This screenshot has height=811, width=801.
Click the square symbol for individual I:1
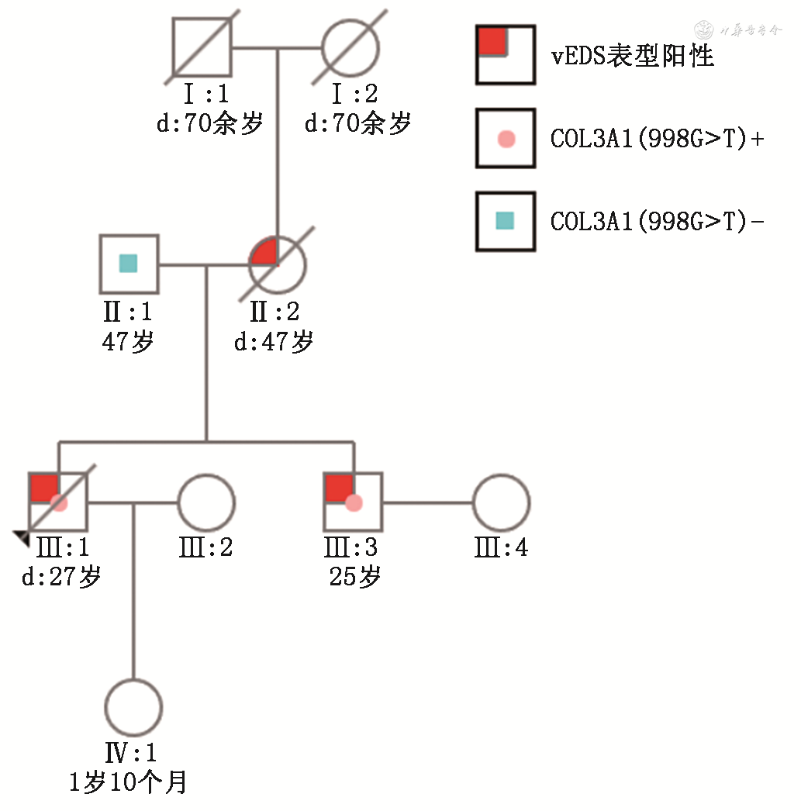click(202, 48)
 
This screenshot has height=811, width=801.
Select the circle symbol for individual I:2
click(350, 48)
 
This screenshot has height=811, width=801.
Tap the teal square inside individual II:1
click(129, 264)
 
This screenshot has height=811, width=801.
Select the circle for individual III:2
click(206, 502)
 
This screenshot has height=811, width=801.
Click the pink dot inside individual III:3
click(354, 503)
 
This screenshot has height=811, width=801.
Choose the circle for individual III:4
click(502, 502)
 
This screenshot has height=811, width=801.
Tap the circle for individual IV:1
click(133, 707)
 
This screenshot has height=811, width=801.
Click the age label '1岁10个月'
click(128, 782)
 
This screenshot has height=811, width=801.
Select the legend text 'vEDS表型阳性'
click(632, 56)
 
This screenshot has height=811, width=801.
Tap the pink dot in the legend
click(506, 140)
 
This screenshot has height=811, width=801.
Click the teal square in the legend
click(506, 222)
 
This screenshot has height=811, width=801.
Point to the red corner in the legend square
click(491, 41)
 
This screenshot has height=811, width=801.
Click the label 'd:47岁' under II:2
click(274, 341)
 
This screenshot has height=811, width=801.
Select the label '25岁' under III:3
click(354, 578)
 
